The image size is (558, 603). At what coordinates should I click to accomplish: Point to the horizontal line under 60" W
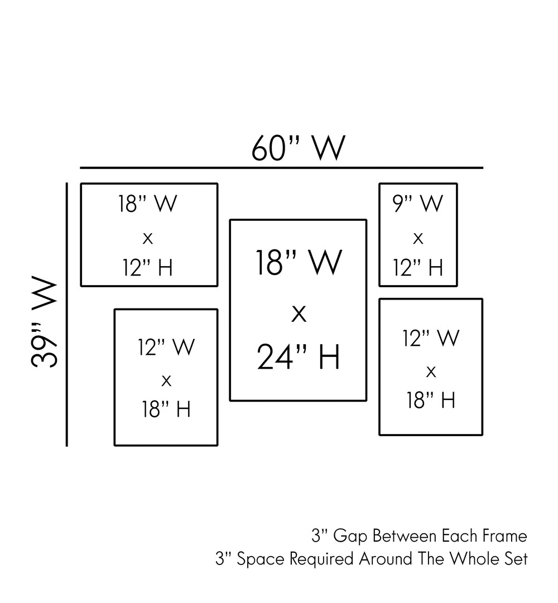click(281, 167)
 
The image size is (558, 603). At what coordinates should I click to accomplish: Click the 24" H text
click(299, 358)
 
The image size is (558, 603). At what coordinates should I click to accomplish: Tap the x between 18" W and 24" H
click(299, 314)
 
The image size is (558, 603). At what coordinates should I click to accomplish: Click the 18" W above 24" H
click(299, 263)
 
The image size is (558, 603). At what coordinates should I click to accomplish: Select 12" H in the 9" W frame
click(419, 268)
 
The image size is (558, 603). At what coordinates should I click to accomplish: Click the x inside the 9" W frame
click(418, 239)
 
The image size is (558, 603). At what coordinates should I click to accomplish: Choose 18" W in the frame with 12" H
click(148, 204)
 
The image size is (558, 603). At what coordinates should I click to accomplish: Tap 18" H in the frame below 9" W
click(431, 400)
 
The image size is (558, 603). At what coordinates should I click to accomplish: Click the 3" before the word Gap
click(319, 537)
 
